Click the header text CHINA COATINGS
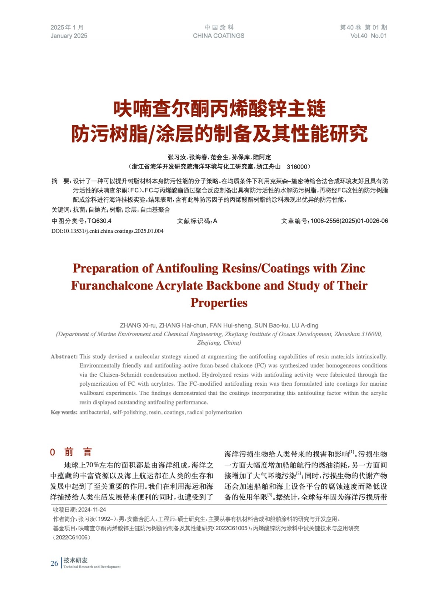[x=218, y=36]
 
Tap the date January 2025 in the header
[x=69, y=36]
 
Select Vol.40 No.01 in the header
[x=368, y=36]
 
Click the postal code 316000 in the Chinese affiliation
[x=297, y=167]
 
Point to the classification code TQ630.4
[x=99, y=221]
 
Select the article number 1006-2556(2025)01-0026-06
[x=349, y=221]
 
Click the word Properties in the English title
[x=219, y=303]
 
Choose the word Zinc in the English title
[x=352, y=269]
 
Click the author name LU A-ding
[x=304, y=325]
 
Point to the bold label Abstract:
[x=64, y=356]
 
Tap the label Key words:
[x=64, y=412]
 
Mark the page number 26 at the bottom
[x=54, y=563]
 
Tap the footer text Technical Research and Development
[x=92, y=567]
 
